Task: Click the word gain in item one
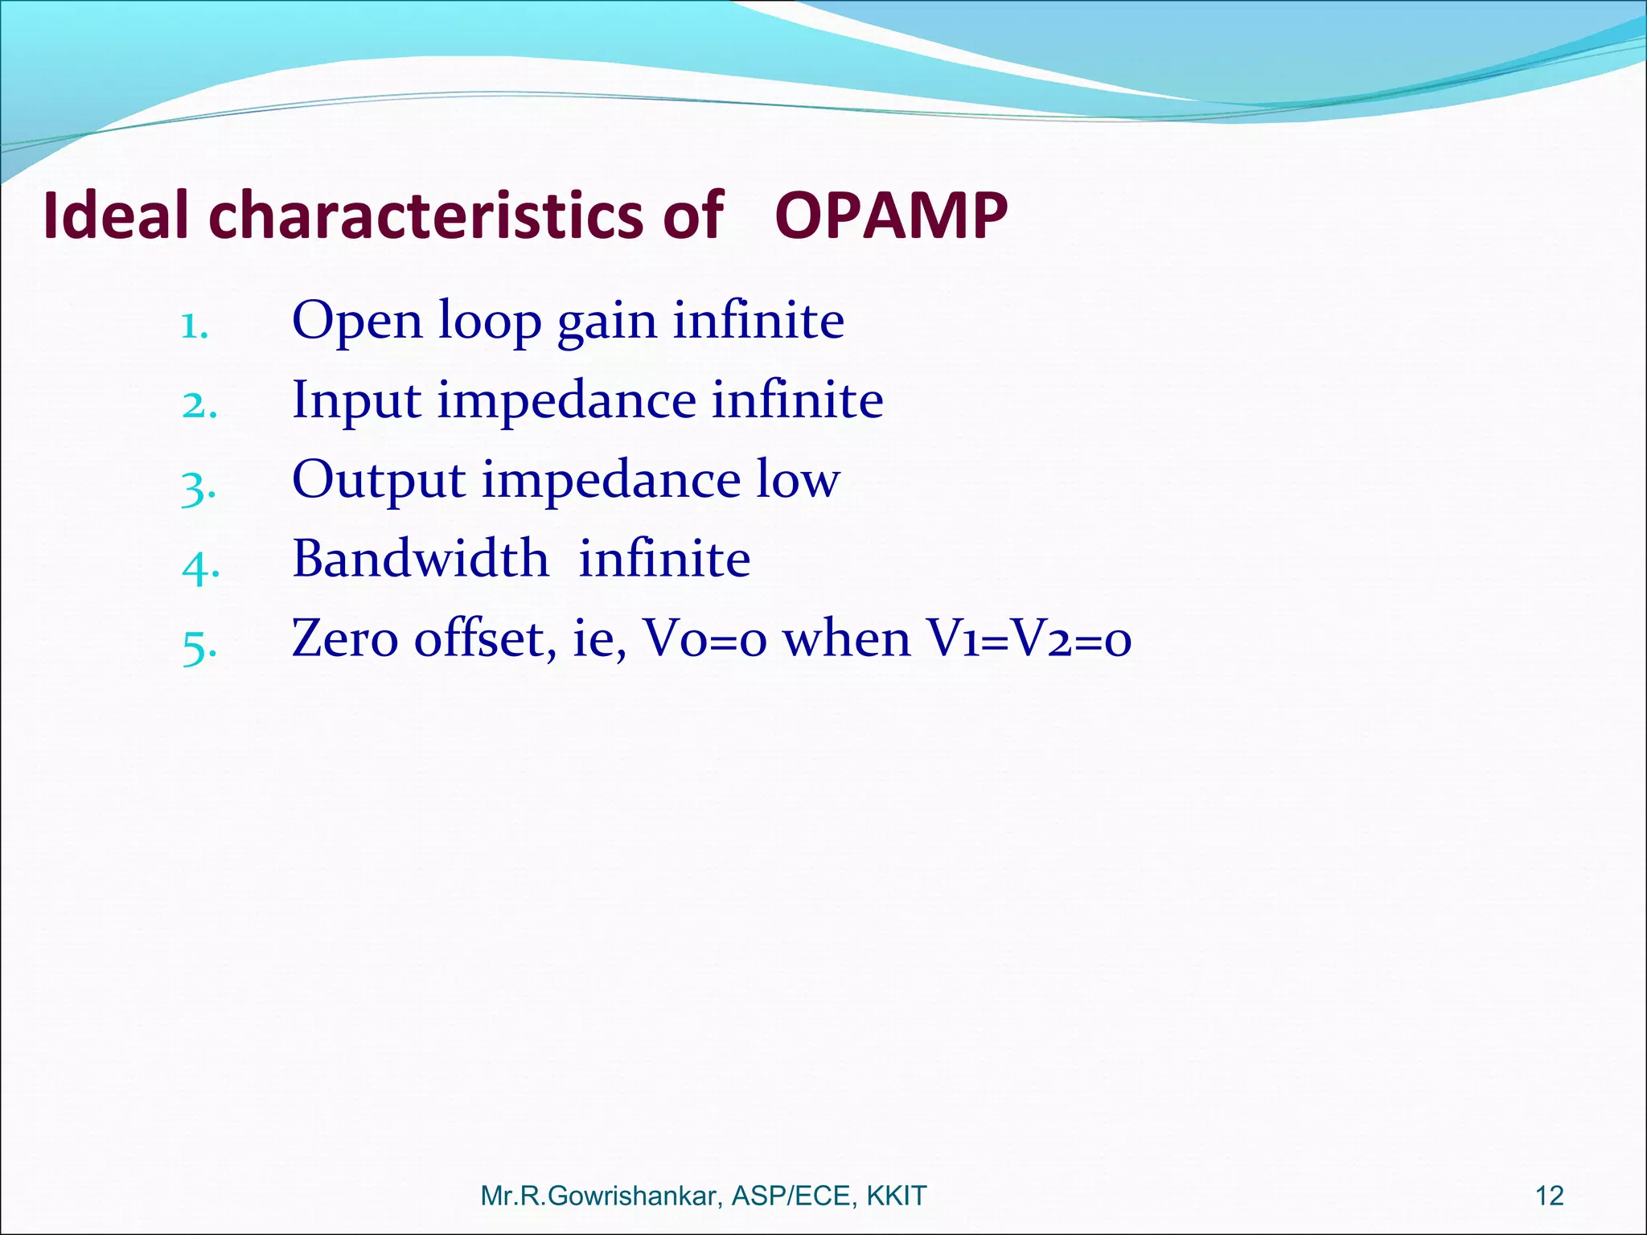click(x=607, y=322)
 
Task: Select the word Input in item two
click(x=356, y=400)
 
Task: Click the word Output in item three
click(x=379, y=480)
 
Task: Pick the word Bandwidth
click(x=421, y=559)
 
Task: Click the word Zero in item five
click(x=345, y=638)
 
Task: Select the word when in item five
click(x=847, y=638)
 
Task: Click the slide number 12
click(x=1550, y=1196)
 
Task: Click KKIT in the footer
click(x=896, y=1196)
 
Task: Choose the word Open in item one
click(x=357, y=322)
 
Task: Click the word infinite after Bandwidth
click(x=664, y=559)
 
